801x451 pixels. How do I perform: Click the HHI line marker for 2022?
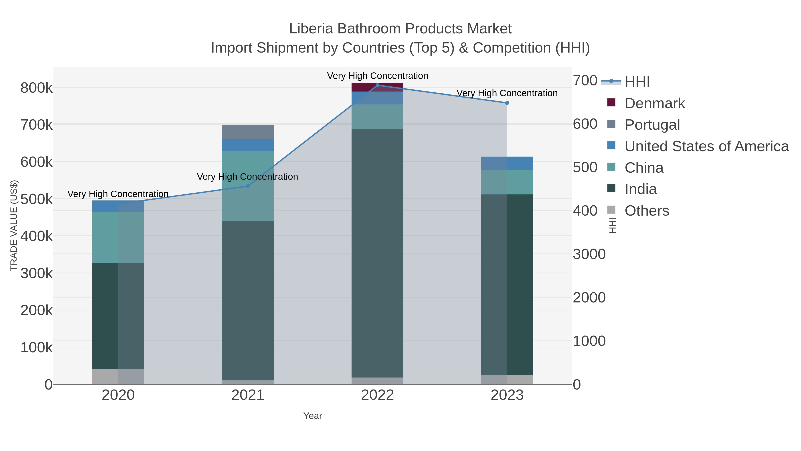click(378, 85)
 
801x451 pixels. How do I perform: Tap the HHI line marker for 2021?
click(248, 186)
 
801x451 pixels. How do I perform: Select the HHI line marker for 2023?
click(507, 103)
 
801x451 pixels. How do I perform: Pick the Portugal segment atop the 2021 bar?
click(248, 132)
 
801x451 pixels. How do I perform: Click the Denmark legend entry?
click(655, 103)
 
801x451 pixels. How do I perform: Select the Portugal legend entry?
click(652, 125)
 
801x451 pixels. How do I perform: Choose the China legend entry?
click(644, 168)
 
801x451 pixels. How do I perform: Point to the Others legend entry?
click(647, 211)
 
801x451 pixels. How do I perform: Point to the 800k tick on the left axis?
click(36, 88)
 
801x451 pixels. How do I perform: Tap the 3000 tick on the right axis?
click(589, 254)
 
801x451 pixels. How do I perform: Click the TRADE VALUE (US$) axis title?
click(14, 225)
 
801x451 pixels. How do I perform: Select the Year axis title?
click(313, 416)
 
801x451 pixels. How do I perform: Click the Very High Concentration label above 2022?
click(378, 76)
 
